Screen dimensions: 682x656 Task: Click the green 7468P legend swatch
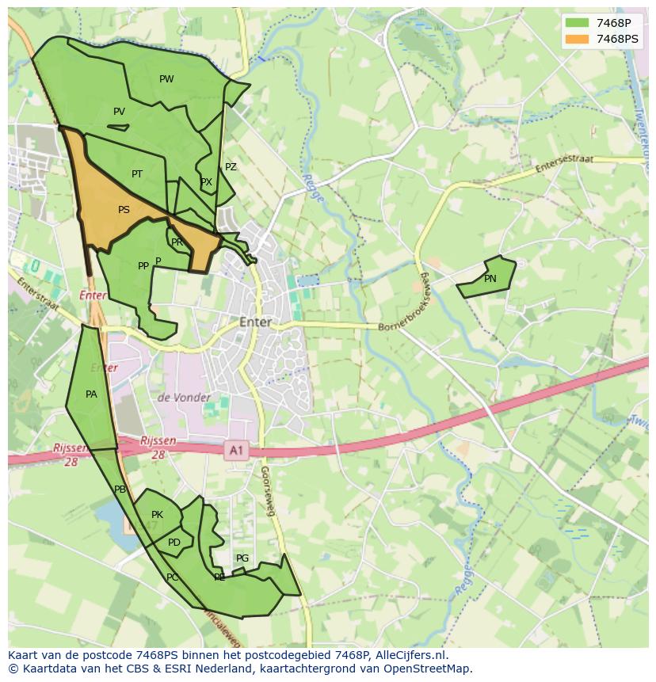578,22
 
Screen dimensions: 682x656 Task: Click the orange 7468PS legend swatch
578,39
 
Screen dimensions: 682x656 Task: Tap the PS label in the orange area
124,210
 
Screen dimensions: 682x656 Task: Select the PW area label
166,79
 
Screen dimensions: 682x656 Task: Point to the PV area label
119,112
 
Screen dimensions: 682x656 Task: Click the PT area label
137,174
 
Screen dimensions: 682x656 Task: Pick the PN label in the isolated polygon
490,279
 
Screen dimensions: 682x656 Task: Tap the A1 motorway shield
235,451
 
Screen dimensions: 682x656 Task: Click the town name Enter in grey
255,322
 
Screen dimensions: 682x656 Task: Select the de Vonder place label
184,398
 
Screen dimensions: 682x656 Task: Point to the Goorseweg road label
267,491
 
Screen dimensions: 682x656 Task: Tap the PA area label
91,394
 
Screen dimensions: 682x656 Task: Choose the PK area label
157,515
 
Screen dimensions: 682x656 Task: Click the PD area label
174,543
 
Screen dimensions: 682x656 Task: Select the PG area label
242,558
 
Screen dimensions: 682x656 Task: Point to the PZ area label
231,167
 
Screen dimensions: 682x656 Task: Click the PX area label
206,182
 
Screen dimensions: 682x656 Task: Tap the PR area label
177,242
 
